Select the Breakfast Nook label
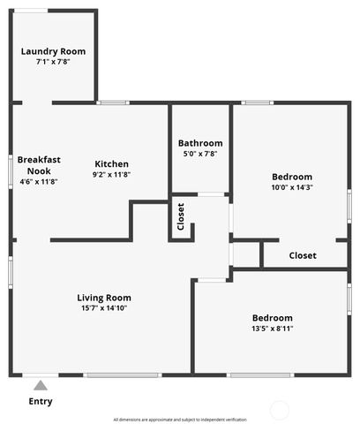pos(39,165)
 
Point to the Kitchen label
pos(112,163)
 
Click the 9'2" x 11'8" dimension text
pos(112,175)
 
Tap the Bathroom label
pos(200,143)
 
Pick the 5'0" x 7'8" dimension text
pos(200,154)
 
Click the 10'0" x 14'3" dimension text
pos(292,187)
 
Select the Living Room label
pos(104,298)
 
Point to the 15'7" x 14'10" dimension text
pos(104,308)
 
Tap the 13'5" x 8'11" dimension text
pos(273,329)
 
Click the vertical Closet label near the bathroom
pos(181,217)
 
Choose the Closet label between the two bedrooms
pos(303,255)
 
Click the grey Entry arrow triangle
pos(39,384)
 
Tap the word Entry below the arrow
pos(41,401)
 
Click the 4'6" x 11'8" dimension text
pos(39,182)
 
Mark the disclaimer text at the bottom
pos(180,420)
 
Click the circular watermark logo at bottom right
pos(279,411)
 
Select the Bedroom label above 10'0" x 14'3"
pos(292,177)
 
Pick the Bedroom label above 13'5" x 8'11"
pos(273,318)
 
